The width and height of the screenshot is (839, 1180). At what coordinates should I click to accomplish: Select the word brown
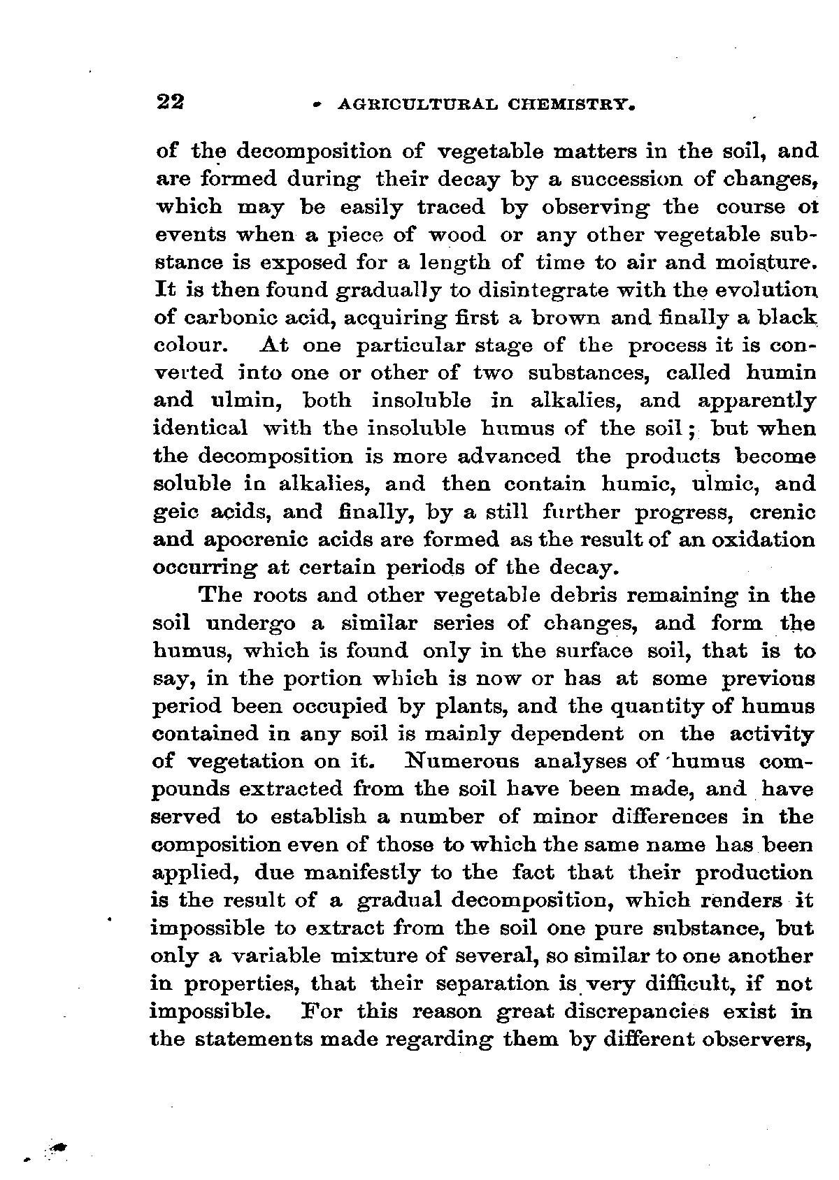click(565, 318)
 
